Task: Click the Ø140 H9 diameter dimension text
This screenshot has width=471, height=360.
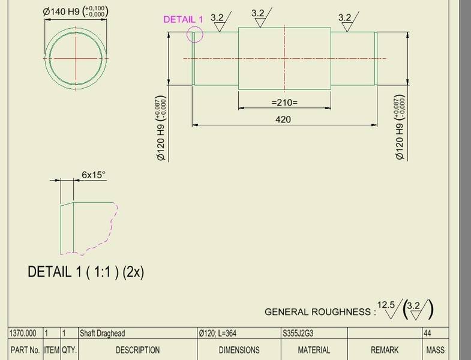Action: pos(76,12)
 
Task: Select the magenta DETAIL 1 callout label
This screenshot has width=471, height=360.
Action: pos(183,19)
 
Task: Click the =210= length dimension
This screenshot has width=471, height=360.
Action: pos(284,103)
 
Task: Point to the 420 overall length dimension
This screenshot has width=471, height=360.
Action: pos(283,119)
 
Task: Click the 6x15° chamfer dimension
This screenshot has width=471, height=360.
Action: pos(94,175)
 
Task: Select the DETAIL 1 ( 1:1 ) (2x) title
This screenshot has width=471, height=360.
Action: pos(86,272)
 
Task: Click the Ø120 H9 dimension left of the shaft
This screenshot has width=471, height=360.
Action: pos(161,128)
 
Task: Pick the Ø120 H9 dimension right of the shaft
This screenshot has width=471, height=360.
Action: pos(400,127)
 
